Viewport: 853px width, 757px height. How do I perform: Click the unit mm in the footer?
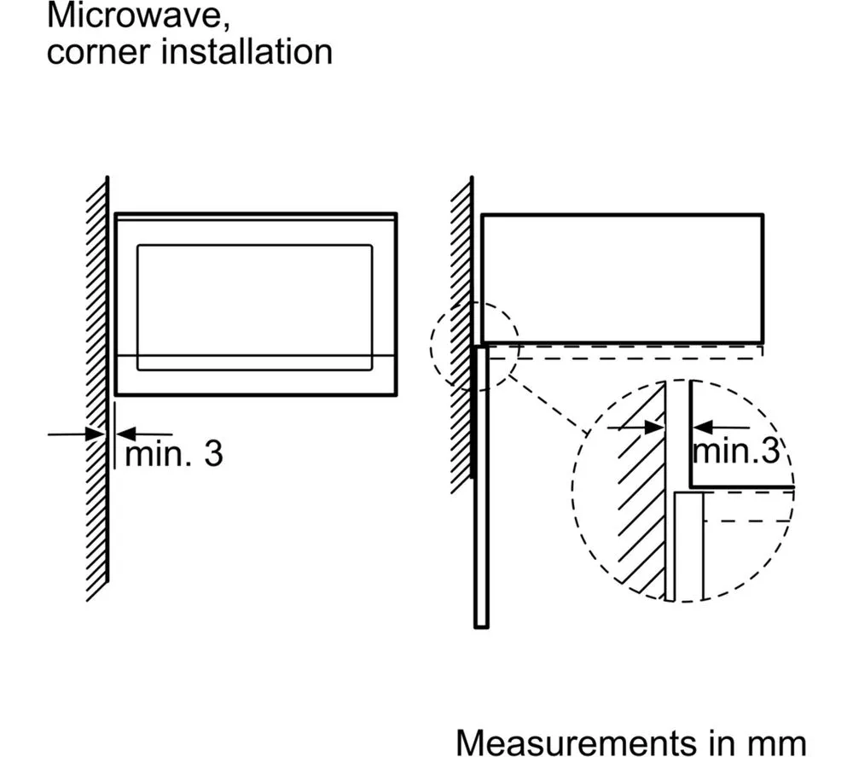(x=778, y=740)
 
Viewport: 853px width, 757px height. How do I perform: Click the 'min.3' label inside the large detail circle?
(x=736, y=451)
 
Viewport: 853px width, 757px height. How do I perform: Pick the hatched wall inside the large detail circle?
(x=640, y=495)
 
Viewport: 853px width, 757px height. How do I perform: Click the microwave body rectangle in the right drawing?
(x=622, y=277)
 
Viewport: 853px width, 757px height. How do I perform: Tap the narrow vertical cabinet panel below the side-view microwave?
(x=481, y=486)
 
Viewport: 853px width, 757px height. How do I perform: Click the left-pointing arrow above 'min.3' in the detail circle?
(x=699, y=426)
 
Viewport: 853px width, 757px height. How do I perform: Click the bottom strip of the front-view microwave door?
(x=254, y=376)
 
